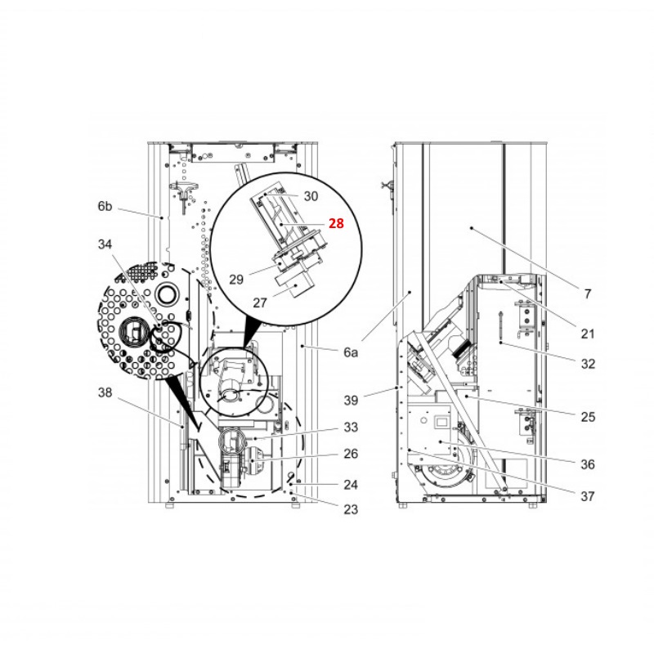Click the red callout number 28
click(x=336, y=222)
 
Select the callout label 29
click(x=236, y=279)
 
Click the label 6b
click(x=105, y=207)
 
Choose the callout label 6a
click(x=351, y=352)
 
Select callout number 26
click(x=350, y=455)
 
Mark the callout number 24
click(x=350, y=484)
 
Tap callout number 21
click(x=587, y=334)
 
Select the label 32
click(x=587, y=364)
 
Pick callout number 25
click(x=587, y=417)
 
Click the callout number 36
click(x=587, y=464)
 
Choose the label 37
click(x=587, y=495)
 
